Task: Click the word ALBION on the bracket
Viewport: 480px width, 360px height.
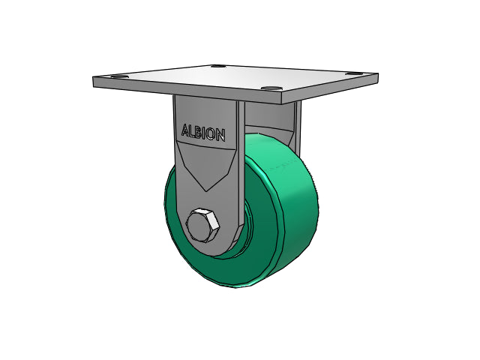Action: coord(203,133)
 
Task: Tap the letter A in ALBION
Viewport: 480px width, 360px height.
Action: coord(185,130)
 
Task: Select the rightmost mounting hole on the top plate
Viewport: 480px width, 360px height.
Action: coord(354,73)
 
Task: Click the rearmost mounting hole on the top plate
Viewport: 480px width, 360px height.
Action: coord(218,66)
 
